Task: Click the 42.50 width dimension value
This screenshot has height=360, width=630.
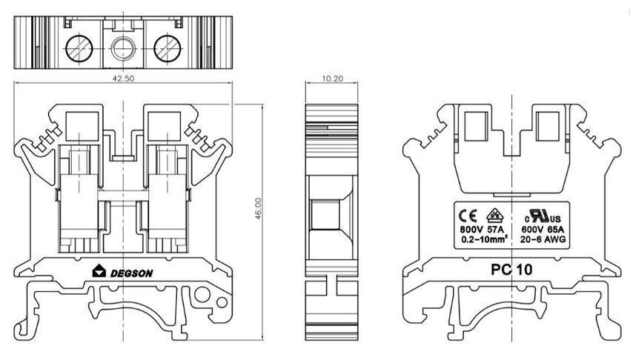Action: [123, 79]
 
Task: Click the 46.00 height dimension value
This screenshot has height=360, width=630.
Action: [258, 208]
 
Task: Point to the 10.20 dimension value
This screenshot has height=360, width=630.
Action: [332, 79]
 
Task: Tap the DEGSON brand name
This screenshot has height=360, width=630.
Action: [131, 273]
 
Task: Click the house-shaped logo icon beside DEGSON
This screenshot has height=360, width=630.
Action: [99, 271]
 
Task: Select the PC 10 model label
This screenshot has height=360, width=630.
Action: [511, 270]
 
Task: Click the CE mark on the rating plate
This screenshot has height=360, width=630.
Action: [468, 216]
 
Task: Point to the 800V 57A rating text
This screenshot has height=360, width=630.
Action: [481, 230]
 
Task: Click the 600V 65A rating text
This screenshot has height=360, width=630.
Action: [543, 230]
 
